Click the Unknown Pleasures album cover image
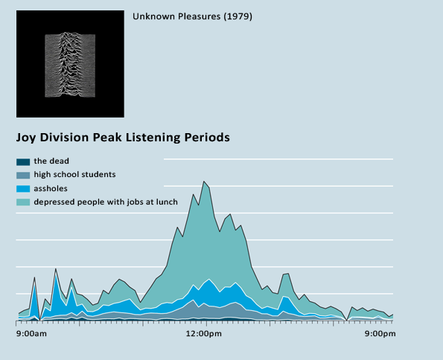tap(70, 64)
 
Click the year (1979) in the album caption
tap(238, 16)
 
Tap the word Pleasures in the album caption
tap(200, 16)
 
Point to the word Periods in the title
tap(207, 137)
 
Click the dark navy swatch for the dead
tap(23, 162)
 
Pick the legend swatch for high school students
tap(23, 176)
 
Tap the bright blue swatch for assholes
tap(23, 189)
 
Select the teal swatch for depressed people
tap(23, 202)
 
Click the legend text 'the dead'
tap(51, 161)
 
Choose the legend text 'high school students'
tap(75, 175)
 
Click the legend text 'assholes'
tap(51, 188)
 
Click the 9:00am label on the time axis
tap(31, 334)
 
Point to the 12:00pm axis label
tap(204, 334)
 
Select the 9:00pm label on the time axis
tap(380, 334)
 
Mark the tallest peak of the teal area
tap(204, 181)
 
